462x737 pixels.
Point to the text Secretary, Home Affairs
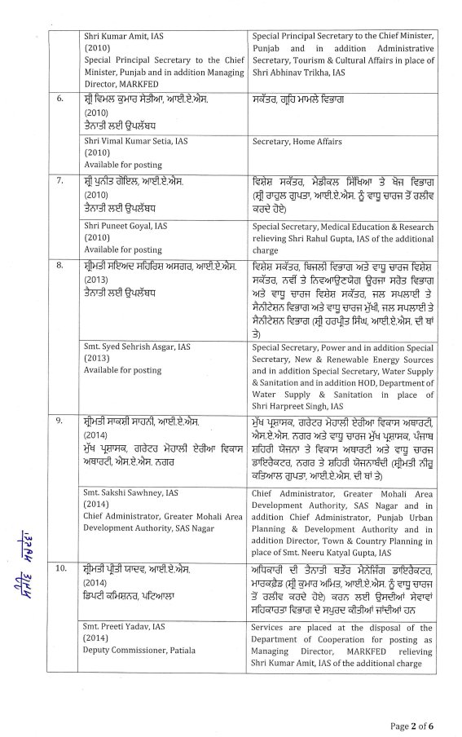(297, 141)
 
